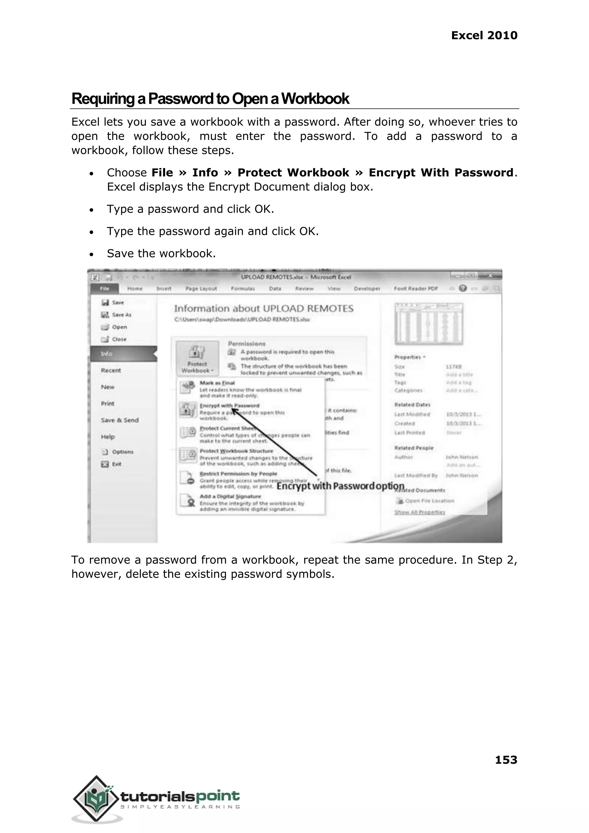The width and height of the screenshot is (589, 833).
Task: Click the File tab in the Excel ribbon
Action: tap(104, 288)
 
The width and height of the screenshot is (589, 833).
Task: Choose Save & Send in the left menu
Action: tap(120, 420)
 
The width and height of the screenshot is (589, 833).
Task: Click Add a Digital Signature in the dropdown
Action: tap(230, 496)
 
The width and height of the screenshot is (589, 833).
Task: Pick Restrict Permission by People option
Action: tap(238, 474)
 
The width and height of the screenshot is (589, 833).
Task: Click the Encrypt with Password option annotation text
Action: tap(340, 486)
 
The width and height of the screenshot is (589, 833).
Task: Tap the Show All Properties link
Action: tap(419, 512)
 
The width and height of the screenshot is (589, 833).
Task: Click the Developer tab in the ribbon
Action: tap(367, 288)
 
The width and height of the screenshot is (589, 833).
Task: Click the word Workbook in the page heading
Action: tap(315, 99)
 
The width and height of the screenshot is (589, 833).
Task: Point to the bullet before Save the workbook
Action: tap(91, 254)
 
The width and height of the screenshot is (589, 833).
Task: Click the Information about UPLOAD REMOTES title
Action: tap(264, 309)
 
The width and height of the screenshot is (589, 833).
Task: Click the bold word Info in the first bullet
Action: tap(205, 172)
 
